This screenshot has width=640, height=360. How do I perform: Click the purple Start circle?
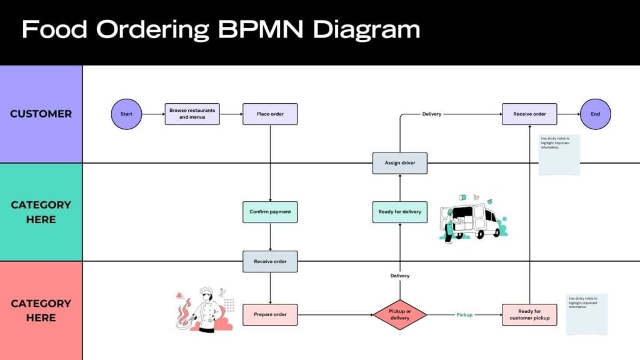[x=127, y=114]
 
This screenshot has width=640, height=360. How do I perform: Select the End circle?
[x=595, y=114]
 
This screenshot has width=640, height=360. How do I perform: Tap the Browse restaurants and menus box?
[x=192, y=114]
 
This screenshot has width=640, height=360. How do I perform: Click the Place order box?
[x=270, y=114]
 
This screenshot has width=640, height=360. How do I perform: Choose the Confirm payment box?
[x=270, y=212]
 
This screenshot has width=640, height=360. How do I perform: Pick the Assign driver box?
[x=400, y=163]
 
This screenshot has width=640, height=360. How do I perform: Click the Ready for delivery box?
[x=400, y=212]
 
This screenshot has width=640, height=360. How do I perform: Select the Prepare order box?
[x=270, y=314]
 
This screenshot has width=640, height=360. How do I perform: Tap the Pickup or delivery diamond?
[x=400, y=314]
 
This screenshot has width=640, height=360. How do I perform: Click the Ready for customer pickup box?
[x=529, y=314]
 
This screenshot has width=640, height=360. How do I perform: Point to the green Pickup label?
[x=464, y=315]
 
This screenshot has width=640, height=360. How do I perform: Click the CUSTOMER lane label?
[x=41, y=114]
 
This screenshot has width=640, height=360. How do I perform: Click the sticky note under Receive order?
[x=559, y=154]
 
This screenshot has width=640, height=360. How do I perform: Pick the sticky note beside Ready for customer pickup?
[x=587, y=314]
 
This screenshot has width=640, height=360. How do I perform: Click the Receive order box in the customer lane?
[x=529, y=114]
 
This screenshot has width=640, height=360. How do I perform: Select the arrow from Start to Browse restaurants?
[x=154, y=114]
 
